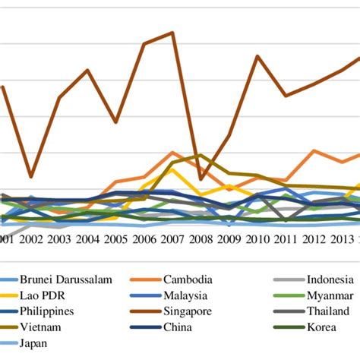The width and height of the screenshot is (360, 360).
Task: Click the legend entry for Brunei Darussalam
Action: point(66,279)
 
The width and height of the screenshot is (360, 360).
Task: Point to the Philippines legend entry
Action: point(47,311)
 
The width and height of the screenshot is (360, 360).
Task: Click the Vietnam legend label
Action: point(42,327)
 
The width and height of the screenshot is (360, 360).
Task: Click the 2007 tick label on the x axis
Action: point(172,239)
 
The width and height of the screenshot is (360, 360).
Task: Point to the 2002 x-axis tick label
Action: point(31,239)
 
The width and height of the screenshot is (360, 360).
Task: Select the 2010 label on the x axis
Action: point(257,239)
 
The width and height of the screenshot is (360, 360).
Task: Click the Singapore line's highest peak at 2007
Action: point(172,33)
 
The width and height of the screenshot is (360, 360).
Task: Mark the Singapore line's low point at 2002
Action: point(31,177)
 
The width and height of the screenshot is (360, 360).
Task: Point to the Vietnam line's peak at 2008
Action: point(200,155)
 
